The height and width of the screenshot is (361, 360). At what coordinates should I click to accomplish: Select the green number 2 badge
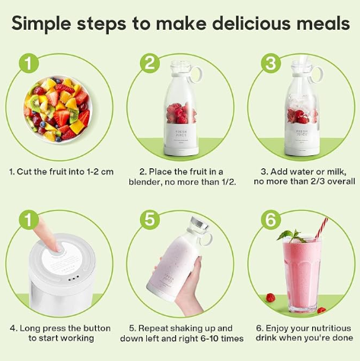[151, 64]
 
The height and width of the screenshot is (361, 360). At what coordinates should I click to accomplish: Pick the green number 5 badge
[151, 219]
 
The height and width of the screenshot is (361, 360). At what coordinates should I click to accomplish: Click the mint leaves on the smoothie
[288, 236]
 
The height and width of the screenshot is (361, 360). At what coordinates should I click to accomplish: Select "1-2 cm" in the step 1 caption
[97, 171]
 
